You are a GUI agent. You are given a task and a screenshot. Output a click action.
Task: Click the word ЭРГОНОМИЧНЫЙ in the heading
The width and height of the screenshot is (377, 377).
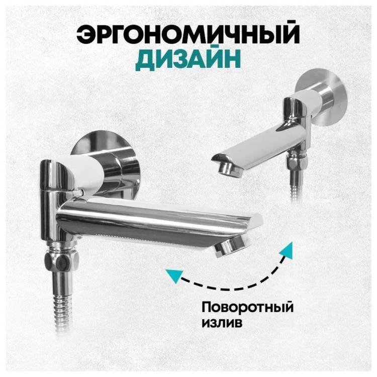click(188, 34)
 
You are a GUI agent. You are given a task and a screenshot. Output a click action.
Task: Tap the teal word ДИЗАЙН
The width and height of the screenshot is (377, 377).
click(188, 59)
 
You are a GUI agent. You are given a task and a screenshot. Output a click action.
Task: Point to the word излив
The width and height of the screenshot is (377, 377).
click(222, 322)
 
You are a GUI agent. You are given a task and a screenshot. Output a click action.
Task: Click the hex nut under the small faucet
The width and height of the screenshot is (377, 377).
click(297, 162)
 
